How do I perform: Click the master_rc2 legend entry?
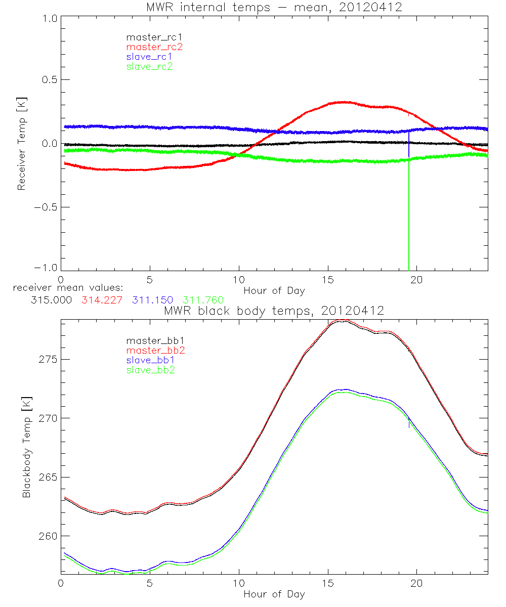click(154, 47)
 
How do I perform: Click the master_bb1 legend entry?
click(154, 341)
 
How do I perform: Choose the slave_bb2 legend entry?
click(151, 371)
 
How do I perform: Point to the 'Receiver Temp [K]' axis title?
click(21, 144)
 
